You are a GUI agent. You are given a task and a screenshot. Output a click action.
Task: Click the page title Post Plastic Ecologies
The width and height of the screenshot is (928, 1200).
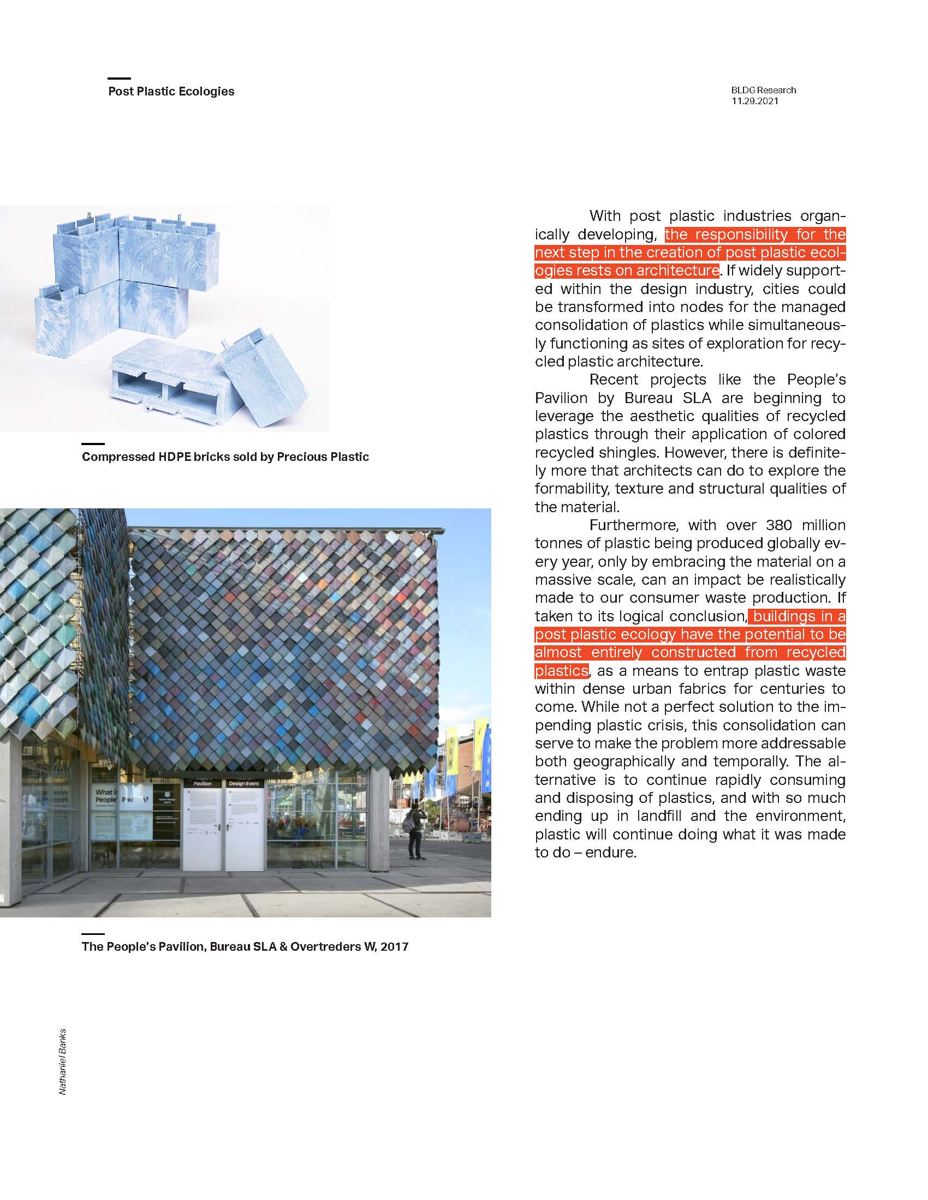(x=171, y=91)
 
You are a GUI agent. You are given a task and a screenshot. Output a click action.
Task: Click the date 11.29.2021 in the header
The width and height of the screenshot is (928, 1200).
(x=754, y=101)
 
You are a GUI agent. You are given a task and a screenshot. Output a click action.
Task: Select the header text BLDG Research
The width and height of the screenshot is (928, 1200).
(x=763, y=90)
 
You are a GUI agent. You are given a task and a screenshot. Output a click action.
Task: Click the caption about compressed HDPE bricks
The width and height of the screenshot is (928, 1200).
(x=225, y=457)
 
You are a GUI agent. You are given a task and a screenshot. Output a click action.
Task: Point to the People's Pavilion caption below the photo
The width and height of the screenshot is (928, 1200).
(x=245, y=946)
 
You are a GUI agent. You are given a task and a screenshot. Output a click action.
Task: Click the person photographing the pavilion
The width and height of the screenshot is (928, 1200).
(x=415, y=833)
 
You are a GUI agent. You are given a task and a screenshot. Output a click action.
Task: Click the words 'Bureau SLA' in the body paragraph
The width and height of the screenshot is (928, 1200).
(x=668, y=398)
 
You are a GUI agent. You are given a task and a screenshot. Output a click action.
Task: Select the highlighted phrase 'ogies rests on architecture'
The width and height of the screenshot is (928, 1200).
(x=626, y=271)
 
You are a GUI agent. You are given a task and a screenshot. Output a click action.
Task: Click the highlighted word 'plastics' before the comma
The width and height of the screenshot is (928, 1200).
(x=561, y=671)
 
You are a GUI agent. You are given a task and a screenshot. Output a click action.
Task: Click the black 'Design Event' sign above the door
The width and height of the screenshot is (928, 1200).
(x=244, y=783)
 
